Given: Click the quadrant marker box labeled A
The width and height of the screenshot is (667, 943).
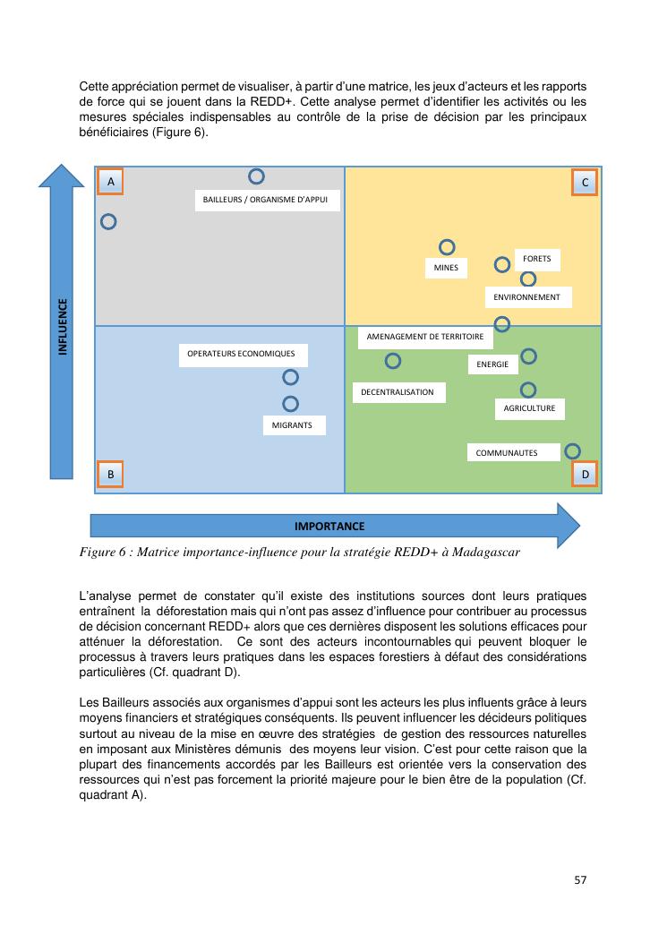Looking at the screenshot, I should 110,182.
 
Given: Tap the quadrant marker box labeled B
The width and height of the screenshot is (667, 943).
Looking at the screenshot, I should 110,474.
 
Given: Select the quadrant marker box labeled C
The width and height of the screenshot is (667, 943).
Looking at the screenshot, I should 585,183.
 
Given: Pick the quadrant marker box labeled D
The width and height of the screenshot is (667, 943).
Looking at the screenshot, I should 585,474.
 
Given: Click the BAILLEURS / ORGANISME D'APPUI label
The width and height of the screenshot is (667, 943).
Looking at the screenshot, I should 267,200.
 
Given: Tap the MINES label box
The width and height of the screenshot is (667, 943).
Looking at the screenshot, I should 446,267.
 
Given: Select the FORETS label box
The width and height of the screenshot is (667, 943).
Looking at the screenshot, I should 537,260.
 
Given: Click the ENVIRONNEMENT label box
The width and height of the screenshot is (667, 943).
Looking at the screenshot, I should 527,297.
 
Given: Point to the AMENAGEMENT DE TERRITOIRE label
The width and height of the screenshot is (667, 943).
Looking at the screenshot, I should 425,338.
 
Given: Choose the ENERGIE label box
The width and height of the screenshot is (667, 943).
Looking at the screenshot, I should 493,364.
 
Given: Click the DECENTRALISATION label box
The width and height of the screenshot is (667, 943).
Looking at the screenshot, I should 398,392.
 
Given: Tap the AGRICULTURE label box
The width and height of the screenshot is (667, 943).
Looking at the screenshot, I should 529,408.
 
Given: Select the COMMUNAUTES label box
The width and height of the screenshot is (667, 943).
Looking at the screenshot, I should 507,453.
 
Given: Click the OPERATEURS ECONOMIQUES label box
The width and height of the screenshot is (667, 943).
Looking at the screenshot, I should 241,354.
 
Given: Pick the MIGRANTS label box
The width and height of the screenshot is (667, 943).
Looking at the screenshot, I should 293,425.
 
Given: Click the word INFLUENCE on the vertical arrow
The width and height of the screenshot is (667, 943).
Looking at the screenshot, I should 63,327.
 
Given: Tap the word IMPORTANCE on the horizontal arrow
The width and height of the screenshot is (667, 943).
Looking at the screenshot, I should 329,526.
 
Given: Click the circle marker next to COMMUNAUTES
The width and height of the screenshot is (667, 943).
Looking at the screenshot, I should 572,451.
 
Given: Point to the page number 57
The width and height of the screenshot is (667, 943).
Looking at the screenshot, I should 580,879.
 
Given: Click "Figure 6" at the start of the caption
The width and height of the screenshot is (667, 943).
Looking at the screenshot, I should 104,552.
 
